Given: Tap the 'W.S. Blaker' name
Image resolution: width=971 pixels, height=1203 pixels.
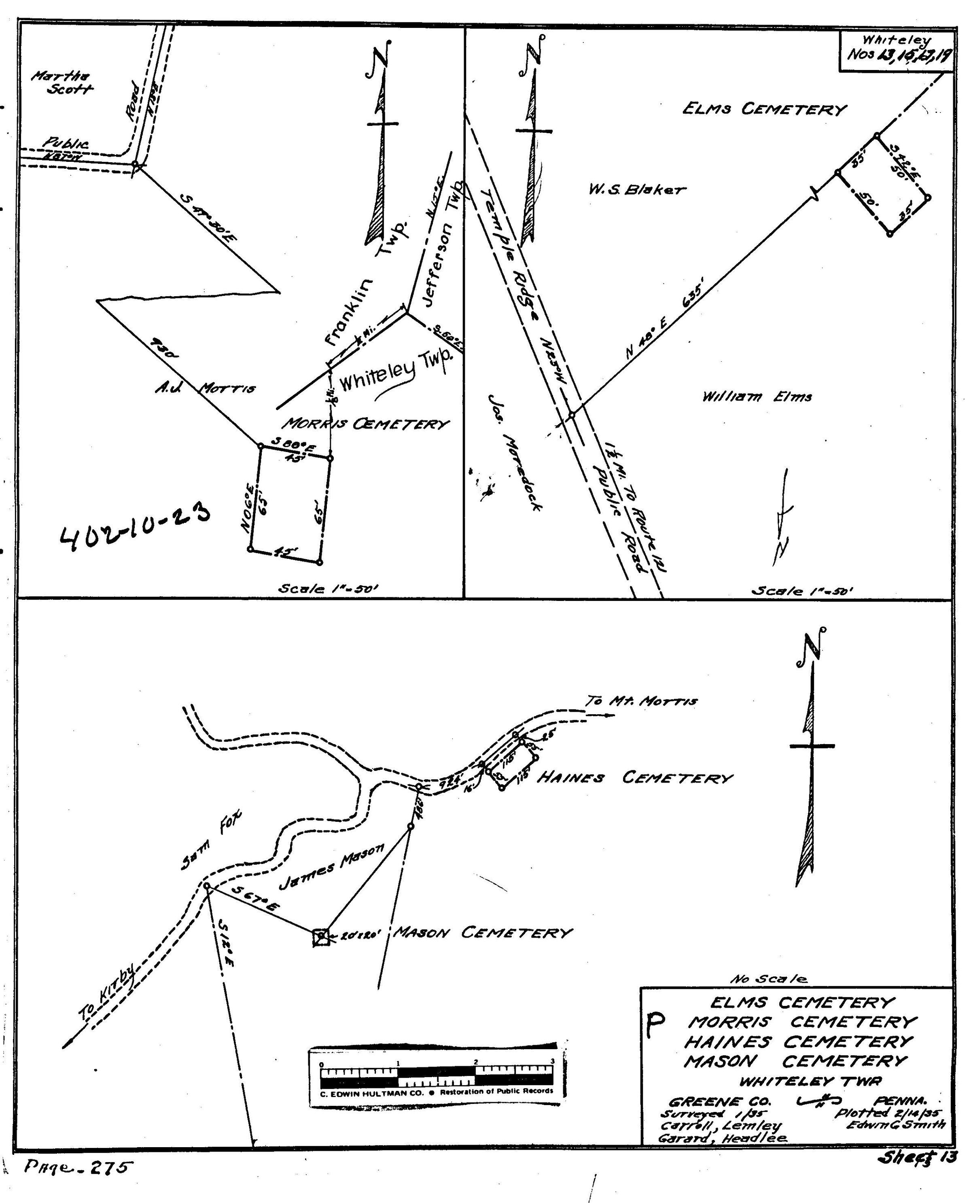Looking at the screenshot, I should coord(636,190).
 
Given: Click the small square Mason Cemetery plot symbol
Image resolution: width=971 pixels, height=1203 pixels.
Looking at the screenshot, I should coord(320,937).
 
